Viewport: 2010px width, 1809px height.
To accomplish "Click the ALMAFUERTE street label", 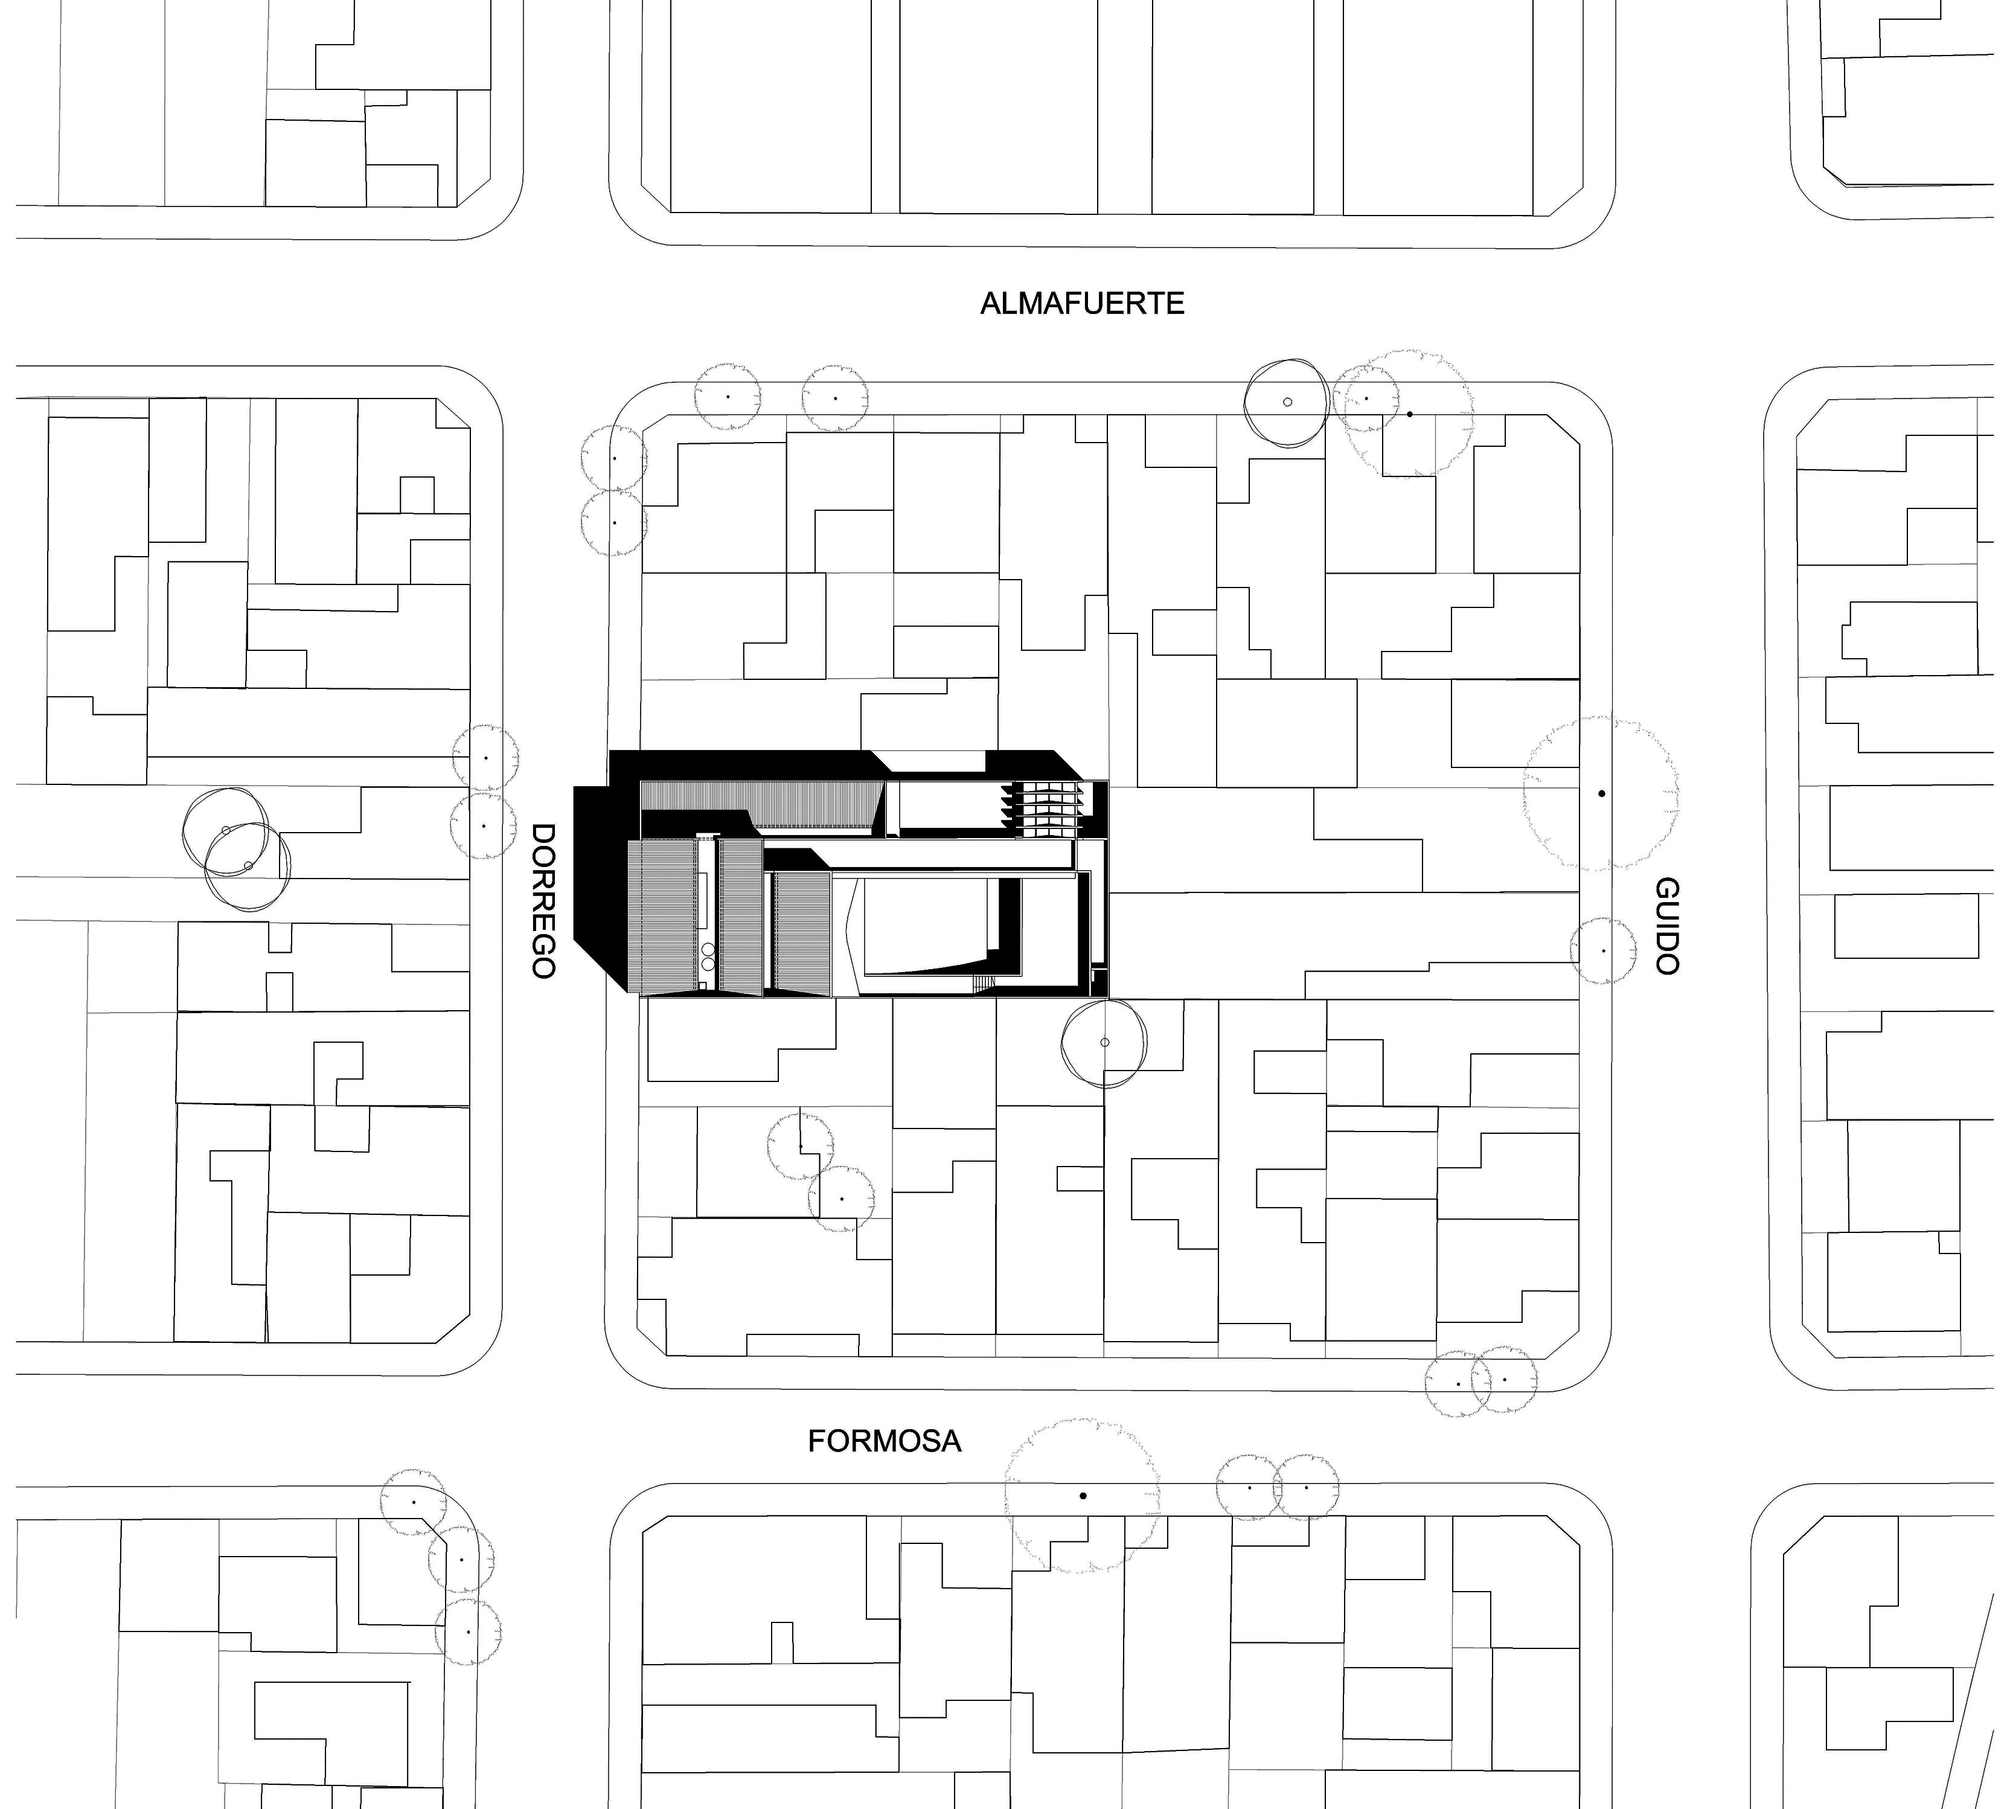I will [x=1081, y=303].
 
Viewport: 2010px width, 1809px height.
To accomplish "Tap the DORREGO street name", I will [x=543, y=900].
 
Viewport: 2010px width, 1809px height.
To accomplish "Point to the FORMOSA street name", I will [x=884, y=1441].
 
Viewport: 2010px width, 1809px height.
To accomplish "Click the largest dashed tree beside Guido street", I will [x=1601, y=794].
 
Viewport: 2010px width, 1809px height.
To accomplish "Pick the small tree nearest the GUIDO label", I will [x=1602, y=951].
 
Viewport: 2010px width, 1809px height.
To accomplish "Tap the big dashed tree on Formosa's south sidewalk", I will [x=1083, y=1495].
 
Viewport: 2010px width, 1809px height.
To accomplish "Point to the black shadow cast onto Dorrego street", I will [x=597, y=875].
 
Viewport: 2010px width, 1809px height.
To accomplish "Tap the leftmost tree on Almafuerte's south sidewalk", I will [x=728, y=397].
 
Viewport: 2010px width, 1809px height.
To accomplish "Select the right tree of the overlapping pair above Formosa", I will [x=1504, y=1380].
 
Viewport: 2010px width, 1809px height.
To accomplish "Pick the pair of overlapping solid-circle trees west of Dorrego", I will [x=237, y=849].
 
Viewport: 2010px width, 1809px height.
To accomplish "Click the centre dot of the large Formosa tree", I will [x=1083, y=1495].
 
